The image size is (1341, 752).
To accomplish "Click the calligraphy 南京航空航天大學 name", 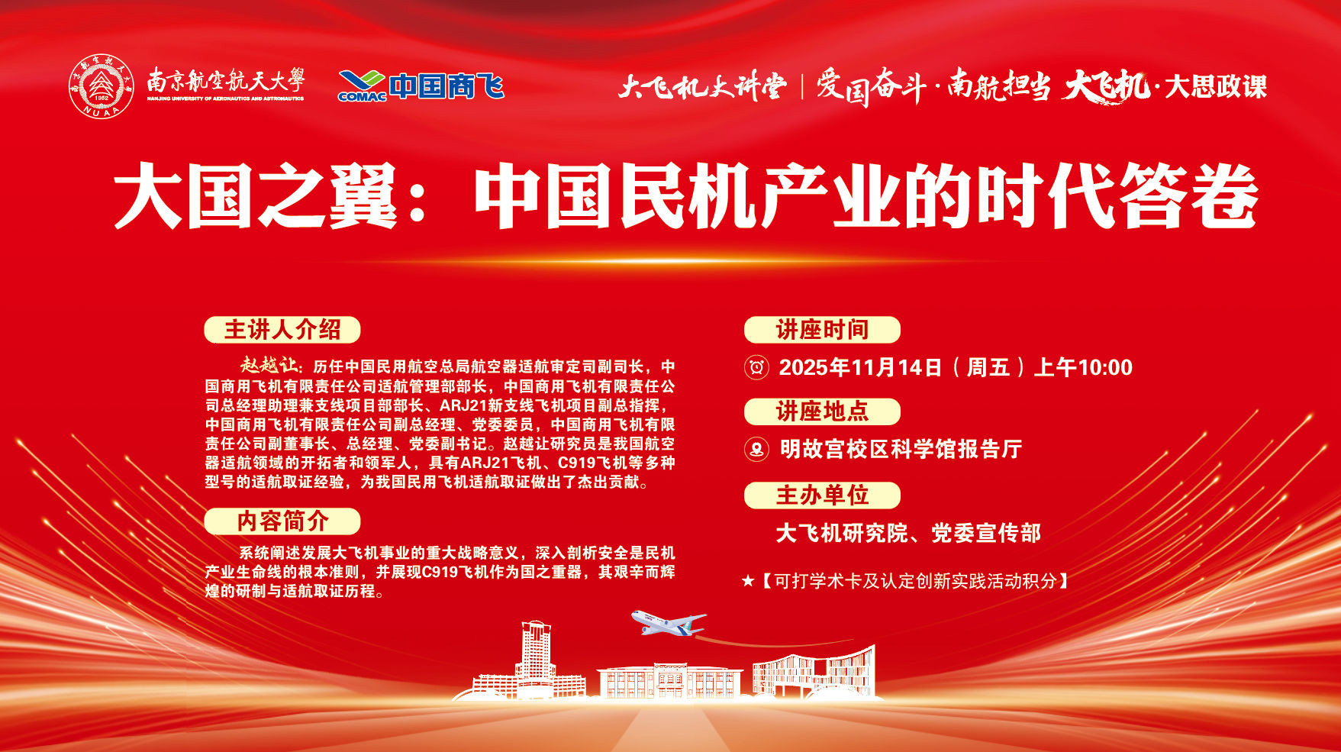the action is tap(226, 79).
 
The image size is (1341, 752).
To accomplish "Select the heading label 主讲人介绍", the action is tap(282, 330).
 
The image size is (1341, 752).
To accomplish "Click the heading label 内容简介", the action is tap(282, 521).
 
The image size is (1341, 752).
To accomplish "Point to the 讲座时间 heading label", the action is tap(822, 330).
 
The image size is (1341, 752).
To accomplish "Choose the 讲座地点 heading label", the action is tap(822, 412).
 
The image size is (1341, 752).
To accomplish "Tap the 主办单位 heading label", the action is tap(822, 495).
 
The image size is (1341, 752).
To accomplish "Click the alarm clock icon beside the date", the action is tap(756, 367).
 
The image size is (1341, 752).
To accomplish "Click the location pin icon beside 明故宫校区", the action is tap(756, 449).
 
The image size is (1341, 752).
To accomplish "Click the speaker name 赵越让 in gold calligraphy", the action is tap(270, 365).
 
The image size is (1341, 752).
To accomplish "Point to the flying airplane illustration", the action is tap(668, 621).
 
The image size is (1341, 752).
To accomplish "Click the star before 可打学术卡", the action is tap(748, 582).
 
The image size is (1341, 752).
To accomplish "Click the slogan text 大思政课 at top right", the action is tap(1216, 86).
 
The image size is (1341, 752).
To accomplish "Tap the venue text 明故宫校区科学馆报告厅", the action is tap(901, 449).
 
